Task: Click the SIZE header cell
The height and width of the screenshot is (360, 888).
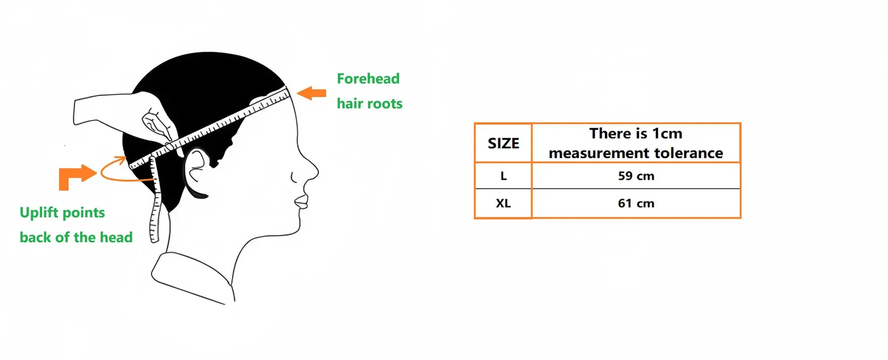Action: tap(503, 143)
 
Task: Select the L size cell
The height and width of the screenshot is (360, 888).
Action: tap(503, 175)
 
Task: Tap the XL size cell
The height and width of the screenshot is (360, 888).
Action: tap(503, 203)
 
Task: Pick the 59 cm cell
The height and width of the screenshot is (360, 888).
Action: tap(636, 175)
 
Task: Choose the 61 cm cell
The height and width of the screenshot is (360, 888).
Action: tap(636, 203)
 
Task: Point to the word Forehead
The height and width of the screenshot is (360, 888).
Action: tap(369, 78)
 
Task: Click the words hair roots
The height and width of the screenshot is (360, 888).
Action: tap(370, 103)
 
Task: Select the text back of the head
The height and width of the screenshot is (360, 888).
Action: tap(76, 237)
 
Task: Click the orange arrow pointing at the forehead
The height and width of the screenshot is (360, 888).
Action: tap(311, 93)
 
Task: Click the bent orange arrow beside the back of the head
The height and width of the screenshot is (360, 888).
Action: tap(77, 176)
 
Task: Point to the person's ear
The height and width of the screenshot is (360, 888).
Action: tap(195, 173)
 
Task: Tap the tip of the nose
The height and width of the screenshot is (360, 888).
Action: tap(318, 171)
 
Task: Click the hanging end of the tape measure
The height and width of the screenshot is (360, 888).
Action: tap(154, 237)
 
